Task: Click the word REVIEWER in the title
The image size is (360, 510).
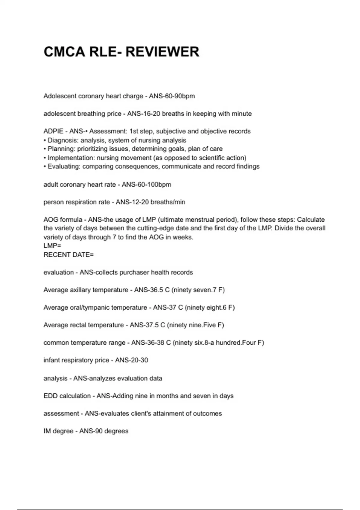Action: (x=162, y=52)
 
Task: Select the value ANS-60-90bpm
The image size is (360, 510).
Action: (x=172, y=96)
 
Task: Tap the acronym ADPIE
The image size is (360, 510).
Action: (x=53, y=131)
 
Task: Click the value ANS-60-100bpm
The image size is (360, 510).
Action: (x=146, y=184)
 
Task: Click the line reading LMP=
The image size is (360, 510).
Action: (x=52, y=246)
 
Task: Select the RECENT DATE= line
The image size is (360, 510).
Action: (x=69, y=255)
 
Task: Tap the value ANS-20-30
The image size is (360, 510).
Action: (x=131, y=360)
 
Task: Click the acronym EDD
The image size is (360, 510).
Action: (x=50, y=396)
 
